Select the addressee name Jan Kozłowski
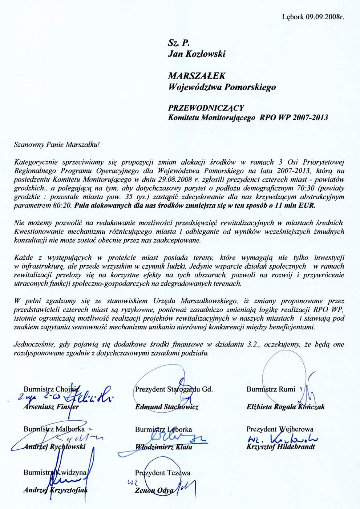196,54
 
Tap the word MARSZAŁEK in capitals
196,76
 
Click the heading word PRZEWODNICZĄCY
206,108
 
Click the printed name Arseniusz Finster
51,407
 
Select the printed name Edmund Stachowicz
167,407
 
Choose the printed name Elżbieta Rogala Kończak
285,407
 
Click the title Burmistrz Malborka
54,429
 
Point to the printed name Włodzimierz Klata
163,447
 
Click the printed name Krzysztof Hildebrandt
280,447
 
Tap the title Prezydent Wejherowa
280,429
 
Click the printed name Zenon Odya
153,490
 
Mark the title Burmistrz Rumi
271,389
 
